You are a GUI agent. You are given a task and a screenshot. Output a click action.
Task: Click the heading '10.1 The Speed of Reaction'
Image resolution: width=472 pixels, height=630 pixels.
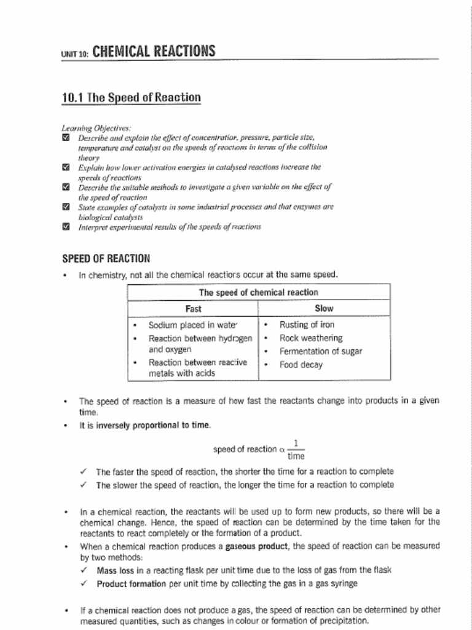coord(132,98)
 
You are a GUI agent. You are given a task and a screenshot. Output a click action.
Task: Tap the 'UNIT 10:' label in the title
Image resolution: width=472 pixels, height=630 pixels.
coord(75,54)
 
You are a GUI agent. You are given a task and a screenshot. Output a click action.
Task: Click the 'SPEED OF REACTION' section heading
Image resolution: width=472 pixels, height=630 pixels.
coord(106,258)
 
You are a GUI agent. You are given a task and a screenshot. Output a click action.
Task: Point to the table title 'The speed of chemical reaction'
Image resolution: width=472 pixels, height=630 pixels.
coord(258,292)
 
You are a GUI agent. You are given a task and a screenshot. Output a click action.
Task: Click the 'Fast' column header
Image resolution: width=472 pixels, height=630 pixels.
coord(193,308)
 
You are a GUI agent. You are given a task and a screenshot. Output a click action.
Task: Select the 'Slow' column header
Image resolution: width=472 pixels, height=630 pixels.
coord(324,308)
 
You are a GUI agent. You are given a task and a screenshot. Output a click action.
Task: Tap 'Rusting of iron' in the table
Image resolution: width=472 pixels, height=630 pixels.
coord(307,324)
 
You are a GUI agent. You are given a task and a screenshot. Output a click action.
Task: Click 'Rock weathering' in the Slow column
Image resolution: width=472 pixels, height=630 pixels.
coord(311,338)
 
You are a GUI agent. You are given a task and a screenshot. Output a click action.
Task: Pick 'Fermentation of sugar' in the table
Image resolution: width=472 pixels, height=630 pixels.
coord(320,351)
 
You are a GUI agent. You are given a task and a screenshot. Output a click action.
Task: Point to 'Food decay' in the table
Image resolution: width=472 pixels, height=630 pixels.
coord(301,365)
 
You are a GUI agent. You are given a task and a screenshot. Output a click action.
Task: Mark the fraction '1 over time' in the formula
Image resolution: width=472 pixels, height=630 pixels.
coord(296,450)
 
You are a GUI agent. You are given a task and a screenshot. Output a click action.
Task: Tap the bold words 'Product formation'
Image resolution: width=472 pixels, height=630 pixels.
coord(131,583)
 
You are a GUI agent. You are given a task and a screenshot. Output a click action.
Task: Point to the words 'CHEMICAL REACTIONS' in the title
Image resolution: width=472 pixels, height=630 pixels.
coord(154,51)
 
